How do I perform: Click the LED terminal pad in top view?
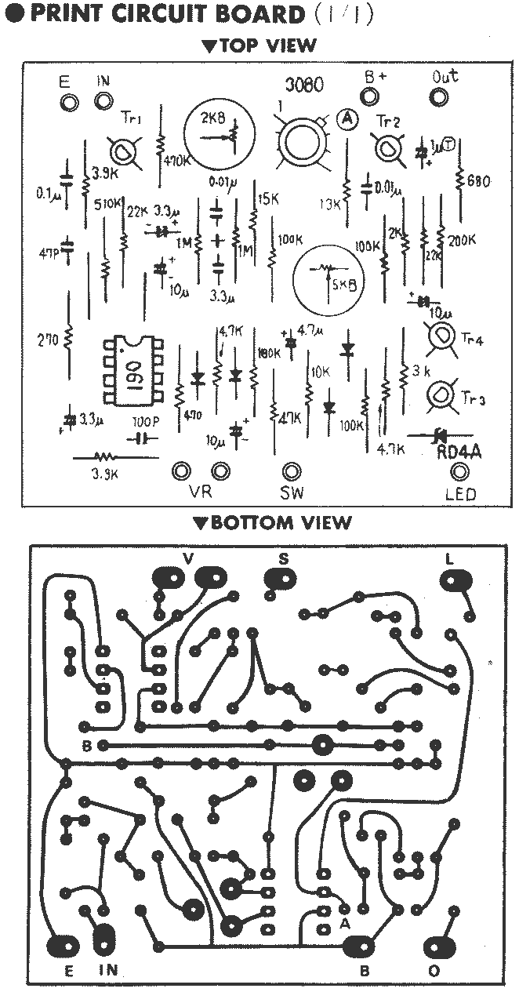(x=460, y=471)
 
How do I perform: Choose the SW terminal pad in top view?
(x=292, y=471)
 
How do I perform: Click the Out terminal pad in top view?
(x=439, y=97)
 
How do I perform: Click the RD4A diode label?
(x=458, y=453)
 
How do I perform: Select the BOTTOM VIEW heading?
(x=273, y=523)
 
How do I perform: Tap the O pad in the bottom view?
(x=436, y=947)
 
